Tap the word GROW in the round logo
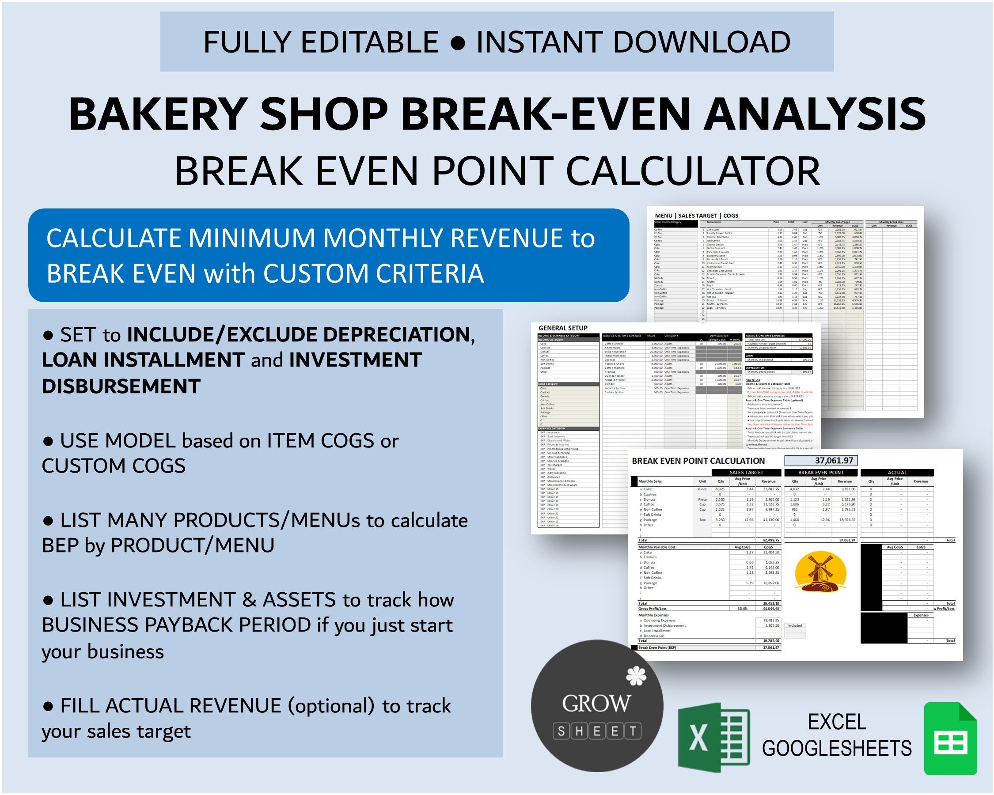point(596,703)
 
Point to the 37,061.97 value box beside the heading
point(821,460)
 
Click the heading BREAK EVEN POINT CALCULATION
point(698,461)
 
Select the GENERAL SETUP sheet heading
point(563,328)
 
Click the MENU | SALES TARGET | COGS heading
point(697,216)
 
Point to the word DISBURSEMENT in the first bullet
point(121,386)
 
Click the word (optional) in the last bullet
point(331,706)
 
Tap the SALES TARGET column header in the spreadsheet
point(746,473)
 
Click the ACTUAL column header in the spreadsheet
point(897,473)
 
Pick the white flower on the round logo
point(636,676)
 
